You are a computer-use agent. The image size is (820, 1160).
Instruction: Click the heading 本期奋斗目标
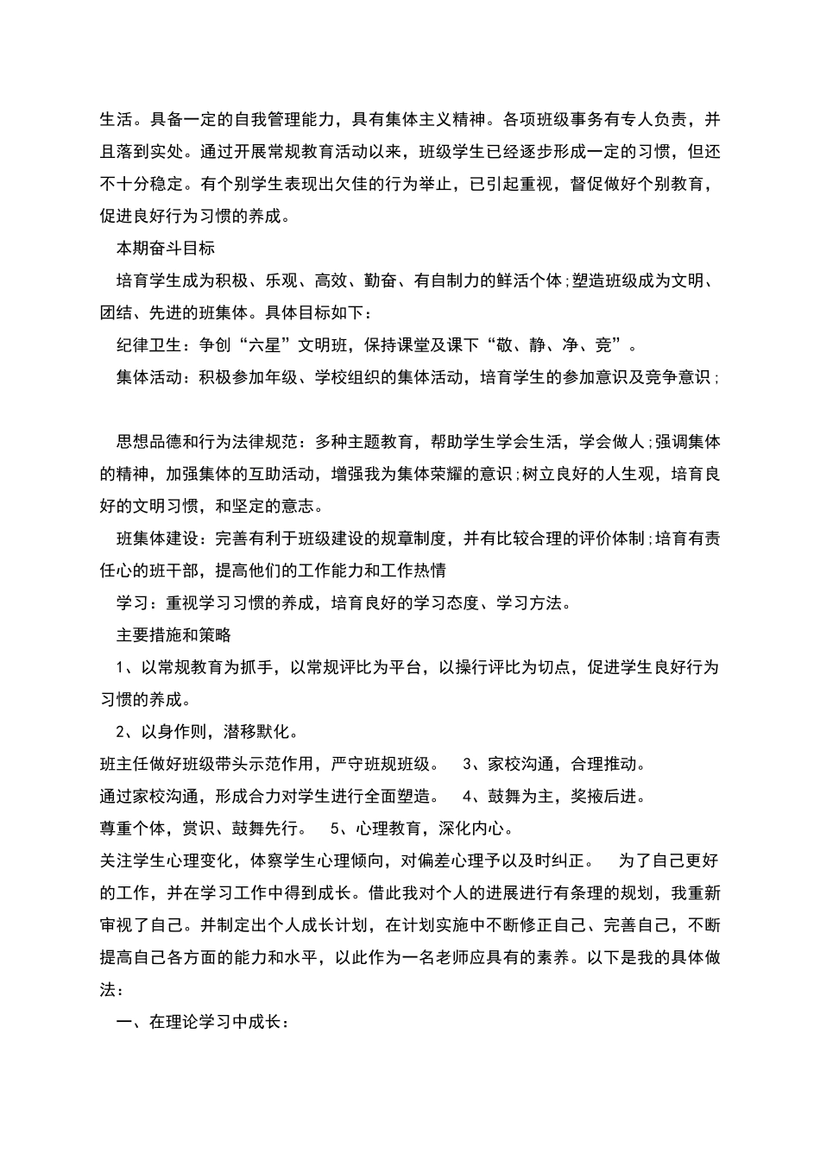click(x=166, y=249)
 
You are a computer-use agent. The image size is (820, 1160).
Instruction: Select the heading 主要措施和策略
click(x=173, y=635)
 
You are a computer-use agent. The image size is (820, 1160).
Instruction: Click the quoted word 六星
click(x=265, y=345)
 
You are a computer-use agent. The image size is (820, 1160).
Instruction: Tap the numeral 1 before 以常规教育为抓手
click(x=121, y=668)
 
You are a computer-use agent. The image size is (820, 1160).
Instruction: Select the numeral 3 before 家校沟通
click(x=467, y=765)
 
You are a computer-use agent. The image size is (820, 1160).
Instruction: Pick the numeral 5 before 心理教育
click(x=335, y=829)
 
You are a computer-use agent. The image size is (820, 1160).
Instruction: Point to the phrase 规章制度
click(x=418, y=539)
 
